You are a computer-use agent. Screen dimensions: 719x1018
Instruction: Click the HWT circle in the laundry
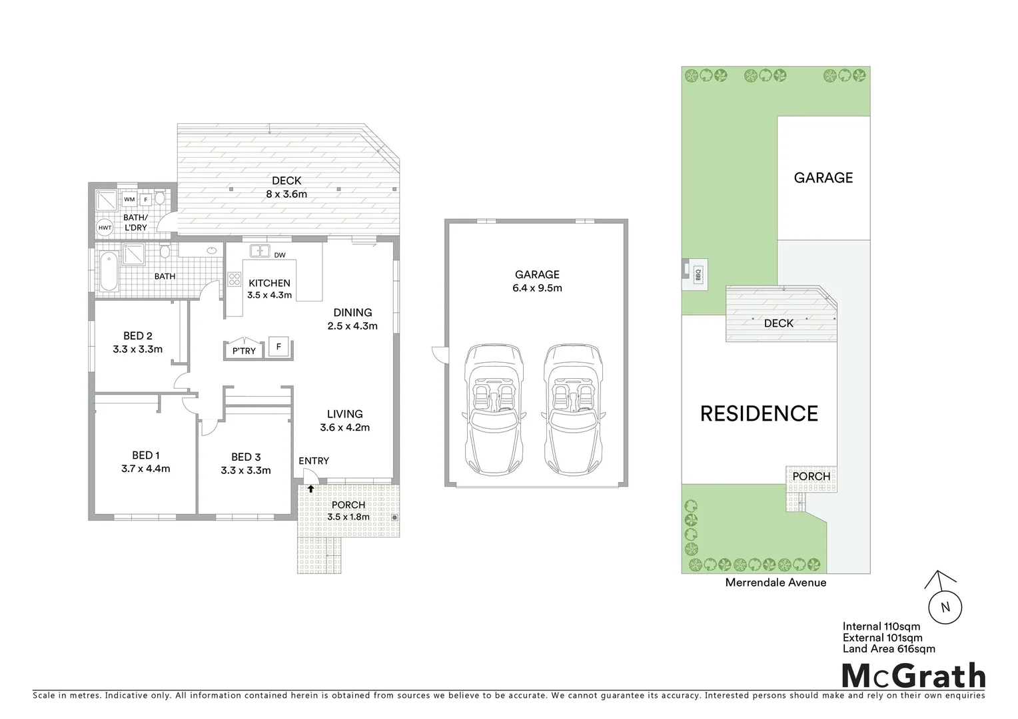tap(105, 227)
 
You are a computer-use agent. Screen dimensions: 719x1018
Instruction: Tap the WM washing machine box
tap(129, 199)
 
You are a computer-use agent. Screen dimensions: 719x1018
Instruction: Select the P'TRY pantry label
tap(244, 351)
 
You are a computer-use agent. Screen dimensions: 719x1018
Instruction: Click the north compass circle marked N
tap(944, 606)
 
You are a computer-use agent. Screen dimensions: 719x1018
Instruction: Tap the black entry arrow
tap(310, 489)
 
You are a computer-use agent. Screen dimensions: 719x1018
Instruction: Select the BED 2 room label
tap(138, 336)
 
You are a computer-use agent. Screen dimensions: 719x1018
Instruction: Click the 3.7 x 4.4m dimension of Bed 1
tap(146, 469)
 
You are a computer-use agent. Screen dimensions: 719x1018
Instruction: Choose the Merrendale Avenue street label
tap(775, 583)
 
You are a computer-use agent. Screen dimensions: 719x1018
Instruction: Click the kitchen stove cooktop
tap(235, 280)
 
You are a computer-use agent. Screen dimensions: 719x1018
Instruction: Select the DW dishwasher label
tap(280, 255)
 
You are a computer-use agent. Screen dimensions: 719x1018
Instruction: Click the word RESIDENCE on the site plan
tap(759, 413)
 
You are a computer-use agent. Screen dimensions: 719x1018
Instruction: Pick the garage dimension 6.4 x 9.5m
tap(537, 288)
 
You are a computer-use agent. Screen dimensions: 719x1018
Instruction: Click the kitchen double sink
tap(259, 251)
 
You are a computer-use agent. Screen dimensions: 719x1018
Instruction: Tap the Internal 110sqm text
tap(881, 626)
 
